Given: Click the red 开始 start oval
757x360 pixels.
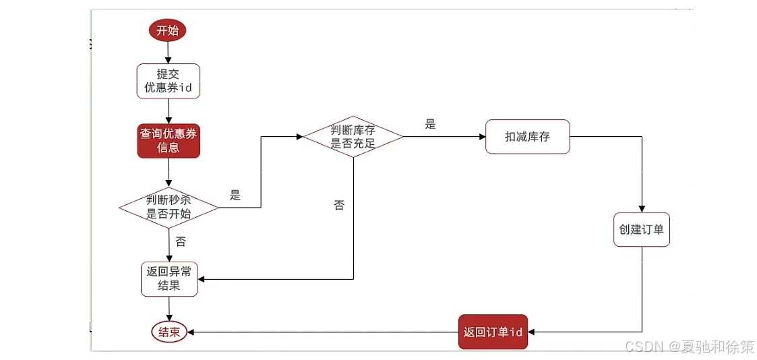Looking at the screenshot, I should (x=168, y=30).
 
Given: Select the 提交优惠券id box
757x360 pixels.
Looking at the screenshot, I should (x=168, y=81).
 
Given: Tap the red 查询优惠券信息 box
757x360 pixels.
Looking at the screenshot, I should (x=169, y=140).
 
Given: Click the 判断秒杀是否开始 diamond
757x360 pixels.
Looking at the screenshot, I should (x=169, y=207).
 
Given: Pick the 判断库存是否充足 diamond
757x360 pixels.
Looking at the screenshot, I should (x=353, y=136).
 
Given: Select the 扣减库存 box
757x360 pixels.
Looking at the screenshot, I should (x=528, y=137).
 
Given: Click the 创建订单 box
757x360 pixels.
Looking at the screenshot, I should (x=641, y=229).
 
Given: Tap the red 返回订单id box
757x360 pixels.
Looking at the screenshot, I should (x=493, y=332).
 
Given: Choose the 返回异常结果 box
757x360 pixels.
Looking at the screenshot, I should (x=169, y=279).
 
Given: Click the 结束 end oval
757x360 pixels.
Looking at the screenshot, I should (x=169, y=332).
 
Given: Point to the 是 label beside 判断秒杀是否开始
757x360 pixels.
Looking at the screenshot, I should (x=235, y=196).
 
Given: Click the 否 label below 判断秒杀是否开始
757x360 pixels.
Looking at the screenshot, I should (x=181, y=241).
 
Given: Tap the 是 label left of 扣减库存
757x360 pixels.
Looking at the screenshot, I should (x=431, y=124).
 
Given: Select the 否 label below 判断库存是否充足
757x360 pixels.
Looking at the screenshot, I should (x=339, y=205).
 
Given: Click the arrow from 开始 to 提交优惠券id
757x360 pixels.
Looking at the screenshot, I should (x=169, y=52).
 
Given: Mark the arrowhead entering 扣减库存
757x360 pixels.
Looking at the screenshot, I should (x=481, y=137).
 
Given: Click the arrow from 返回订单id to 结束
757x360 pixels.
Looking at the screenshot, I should (x=324, y=332).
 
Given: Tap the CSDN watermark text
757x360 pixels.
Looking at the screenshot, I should (x=690, y=347).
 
